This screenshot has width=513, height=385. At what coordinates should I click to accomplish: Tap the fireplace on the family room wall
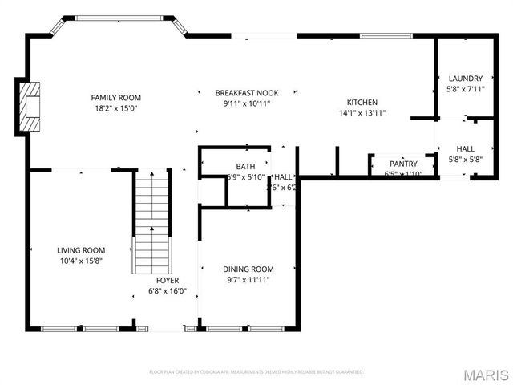coord(30,106)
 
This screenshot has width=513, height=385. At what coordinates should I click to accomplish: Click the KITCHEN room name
coord(362,102)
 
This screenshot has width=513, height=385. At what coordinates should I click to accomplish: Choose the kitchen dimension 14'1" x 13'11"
coord(362,113)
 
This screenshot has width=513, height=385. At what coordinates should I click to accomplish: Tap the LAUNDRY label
coord(465,78)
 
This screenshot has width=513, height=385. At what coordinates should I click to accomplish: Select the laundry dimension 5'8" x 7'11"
coord(465,89)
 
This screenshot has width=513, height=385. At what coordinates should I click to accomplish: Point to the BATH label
coord(223,166)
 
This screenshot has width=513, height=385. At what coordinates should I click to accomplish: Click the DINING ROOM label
coord(248,269)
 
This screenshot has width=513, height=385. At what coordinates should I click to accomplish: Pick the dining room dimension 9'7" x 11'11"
coord(248,280)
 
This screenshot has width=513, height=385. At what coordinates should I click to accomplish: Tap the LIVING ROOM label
coord(81,250)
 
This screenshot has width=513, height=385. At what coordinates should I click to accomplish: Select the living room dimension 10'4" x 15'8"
coord(81,261)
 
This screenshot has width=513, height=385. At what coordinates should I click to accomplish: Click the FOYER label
coord(168,280)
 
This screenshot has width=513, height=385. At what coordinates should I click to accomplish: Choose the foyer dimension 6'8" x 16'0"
coord(168,291)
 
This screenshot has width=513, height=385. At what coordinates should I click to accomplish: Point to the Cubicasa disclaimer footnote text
coord(256,372)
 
